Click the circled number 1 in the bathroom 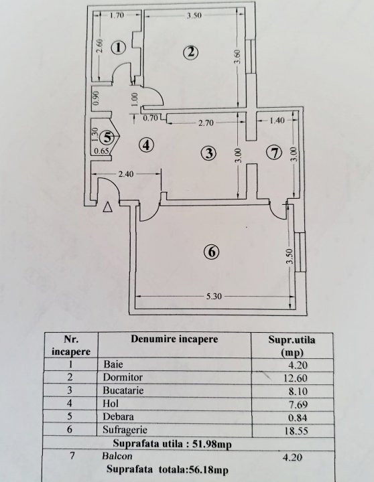click(119, 48)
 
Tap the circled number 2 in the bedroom click(190, 52)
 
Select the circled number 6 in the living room click(212, 252)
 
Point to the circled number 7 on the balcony click(275, 153)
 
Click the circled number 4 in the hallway click(146, 145)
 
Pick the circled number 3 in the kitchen click(209, 153)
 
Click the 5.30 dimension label click(214, 297)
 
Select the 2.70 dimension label click(206, 123)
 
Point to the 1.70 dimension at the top click(117, 15)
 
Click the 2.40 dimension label click(126, 174)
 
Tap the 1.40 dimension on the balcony click(277, 120)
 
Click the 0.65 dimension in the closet click(101, 151)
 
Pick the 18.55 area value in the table click(296, 430)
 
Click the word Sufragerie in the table click(125, 430)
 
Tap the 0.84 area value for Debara click(298, 418)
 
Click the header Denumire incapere click(174, 339)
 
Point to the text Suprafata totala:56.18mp click(168, 469)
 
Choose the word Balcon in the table click(117, 456)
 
